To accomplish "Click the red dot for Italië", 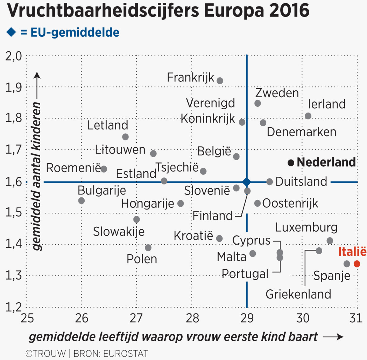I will [357, 264].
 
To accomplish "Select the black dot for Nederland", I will [291, 163].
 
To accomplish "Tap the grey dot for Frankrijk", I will [220, 81].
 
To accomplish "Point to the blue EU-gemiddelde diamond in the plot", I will [247, 182].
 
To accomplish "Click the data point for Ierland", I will [308, 116].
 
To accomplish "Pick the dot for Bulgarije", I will [81, 201].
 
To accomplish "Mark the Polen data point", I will [148, 248].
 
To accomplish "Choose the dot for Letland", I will [125, 137].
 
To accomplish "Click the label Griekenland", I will [298, 294].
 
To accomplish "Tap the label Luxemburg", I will [306, 227].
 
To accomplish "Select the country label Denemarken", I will [301, 132].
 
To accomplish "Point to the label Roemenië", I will [73, 168].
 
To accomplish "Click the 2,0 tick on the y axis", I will [14, 56].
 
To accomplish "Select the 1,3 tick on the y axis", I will [14, 275].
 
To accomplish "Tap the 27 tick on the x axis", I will [136, 318].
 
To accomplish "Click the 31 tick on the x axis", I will [356, 318].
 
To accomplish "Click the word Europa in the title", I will [234, 11].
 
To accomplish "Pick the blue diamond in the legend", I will [11, 32].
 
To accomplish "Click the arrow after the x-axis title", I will [333, 337].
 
